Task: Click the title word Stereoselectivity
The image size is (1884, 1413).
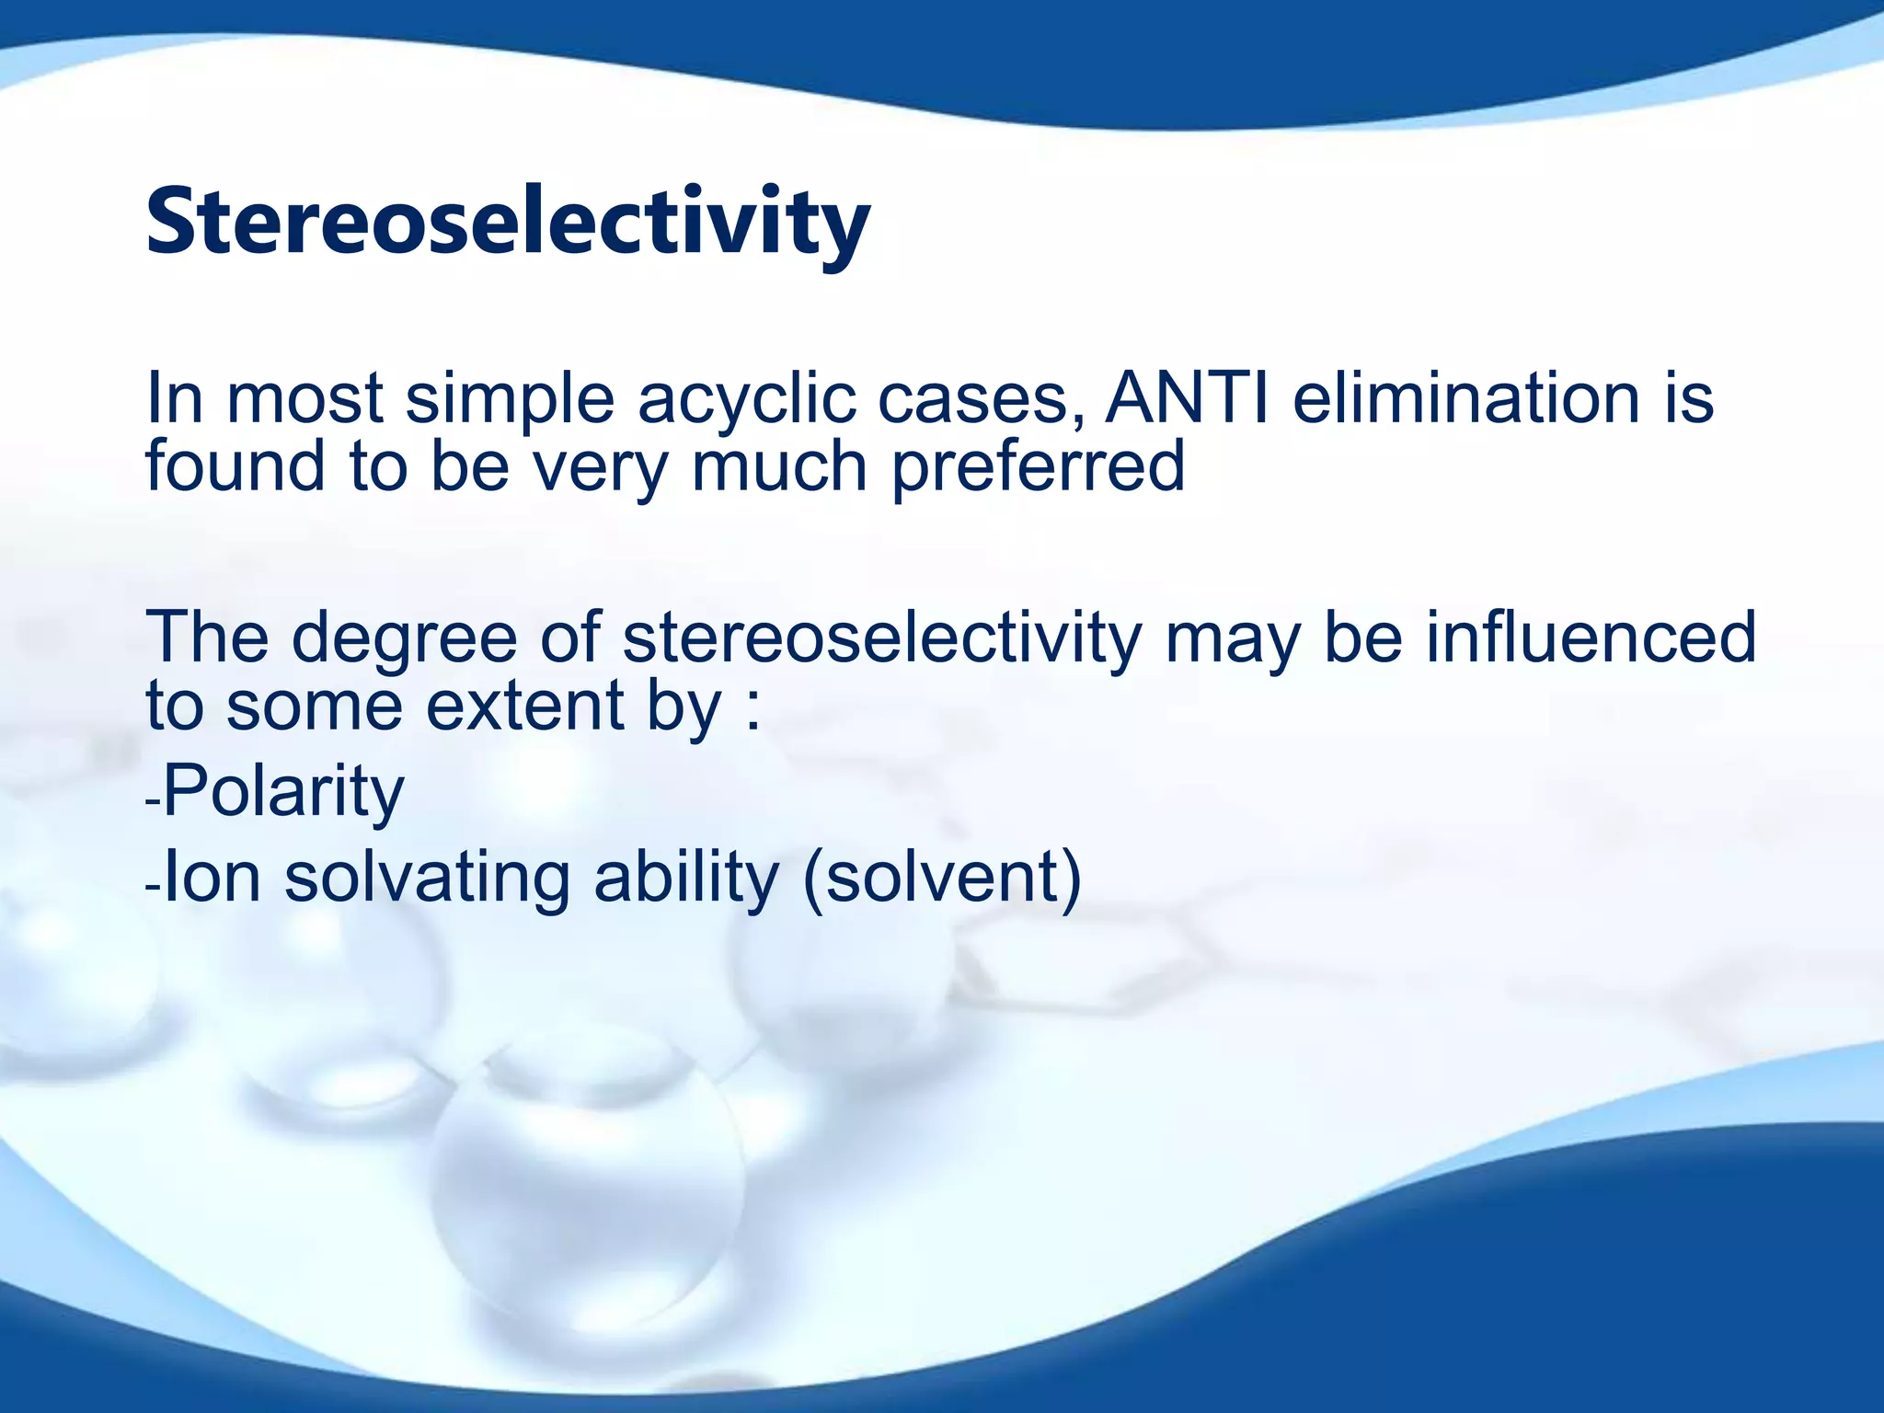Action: (508, 224)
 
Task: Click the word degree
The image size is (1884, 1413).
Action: (405, 638)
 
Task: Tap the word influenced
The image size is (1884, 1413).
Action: (1591, 637)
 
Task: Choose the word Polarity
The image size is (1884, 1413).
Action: (283, 791)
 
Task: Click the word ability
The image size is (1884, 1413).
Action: (686, 878)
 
